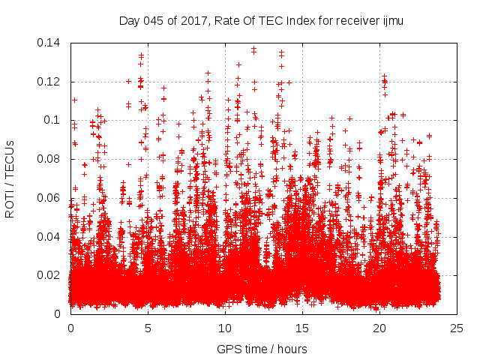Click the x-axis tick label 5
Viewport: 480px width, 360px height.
(148, 328)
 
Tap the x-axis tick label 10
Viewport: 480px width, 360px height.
(225, 328)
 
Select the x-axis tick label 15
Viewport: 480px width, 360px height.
(302, 328)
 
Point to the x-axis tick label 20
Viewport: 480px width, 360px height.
(379, 328)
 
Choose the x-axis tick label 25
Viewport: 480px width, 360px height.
(457, 328)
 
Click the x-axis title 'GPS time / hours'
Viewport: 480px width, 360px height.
(262, 349)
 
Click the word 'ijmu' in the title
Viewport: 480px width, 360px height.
(391, 20)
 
